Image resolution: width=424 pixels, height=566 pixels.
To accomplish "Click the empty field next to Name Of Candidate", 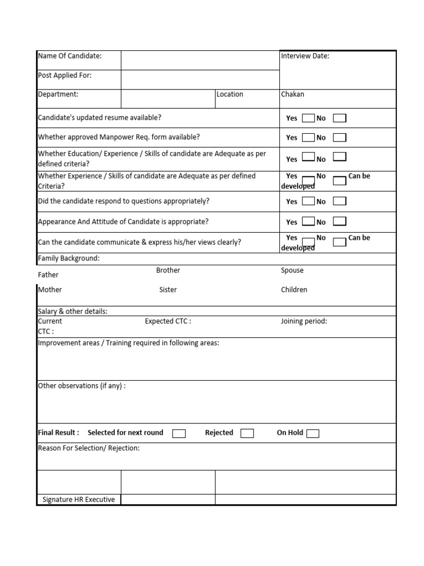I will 200,60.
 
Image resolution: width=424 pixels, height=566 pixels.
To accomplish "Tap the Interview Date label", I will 305,56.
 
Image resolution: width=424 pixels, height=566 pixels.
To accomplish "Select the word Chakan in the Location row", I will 293,94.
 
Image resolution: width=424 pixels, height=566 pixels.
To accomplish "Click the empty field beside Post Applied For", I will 200,80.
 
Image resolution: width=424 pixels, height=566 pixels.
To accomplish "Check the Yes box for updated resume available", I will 308,118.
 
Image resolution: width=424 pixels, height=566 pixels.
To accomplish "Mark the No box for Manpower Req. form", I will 340,137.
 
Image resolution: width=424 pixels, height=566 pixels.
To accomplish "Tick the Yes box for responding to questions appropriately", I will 308,201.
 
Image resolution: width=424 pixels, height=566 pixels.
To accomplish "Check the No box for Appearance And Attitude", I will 340,222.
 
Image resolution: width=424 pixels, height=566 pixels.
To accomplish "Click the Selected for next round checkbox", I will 179,433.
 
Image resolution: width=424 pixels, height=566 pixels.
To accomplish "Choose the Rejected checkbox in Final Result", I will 247,433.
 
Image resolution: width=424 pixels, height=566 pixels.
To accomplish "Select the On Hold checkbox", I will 312,433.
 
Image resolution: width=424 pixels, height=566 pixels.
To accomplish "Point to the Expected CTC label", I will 168,321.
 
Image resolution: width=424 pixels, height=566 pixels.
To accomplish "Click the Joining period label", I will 304,321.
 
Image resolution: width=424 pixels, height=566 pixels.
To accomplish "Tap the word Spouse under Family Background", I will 292,270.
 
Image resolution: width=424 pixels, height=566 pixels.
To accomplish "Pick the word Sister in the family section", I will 168,290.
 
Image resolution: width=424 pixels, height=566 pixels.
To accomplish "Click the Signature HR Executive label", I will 79,500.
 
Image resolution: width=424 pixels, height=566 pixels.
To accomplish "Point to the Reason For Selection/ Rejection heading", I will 88,448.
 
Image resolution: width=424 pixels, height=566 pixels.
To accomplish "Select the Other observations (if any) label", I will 81,386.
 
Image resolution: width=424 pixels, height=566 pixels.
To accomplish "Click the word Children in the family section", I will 294,290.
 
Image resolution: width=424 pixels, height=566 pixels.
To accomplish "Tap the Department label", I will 58,94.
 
